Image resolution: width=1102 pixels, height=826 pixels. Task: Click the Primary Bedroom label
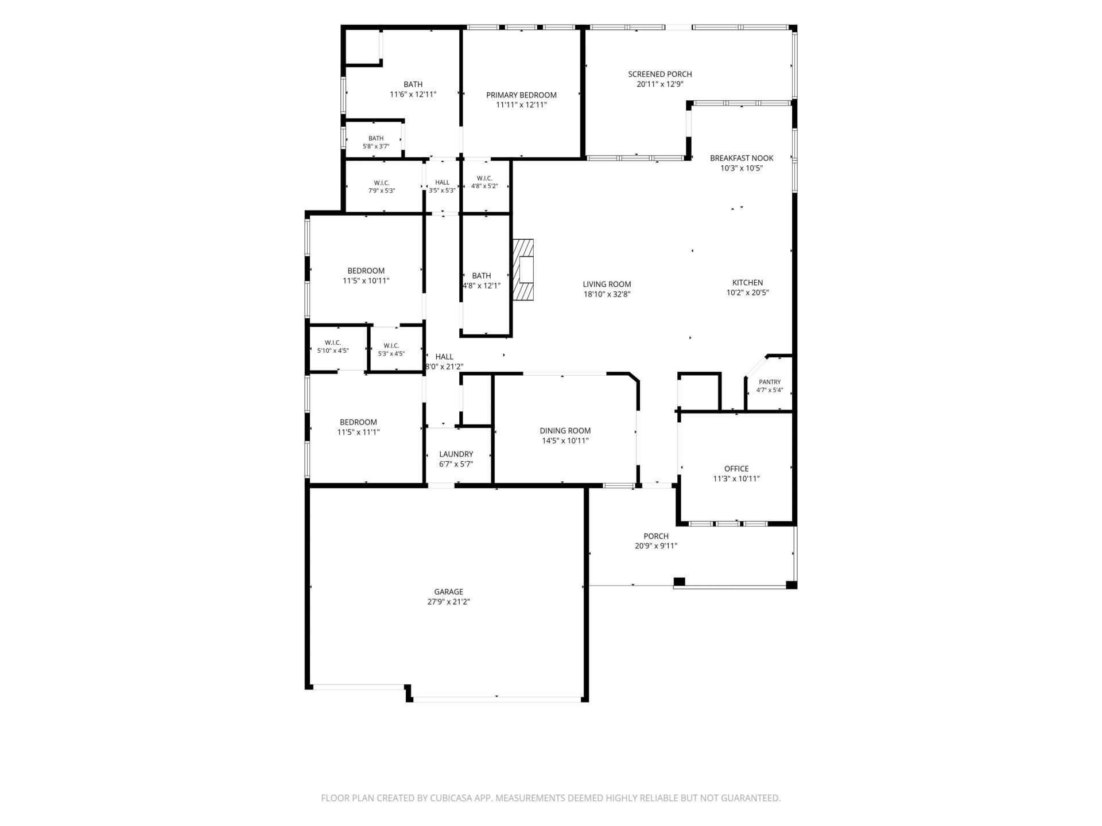521,95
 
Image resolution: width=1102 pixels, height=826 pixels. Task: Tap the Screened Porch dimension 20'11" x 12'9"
659,84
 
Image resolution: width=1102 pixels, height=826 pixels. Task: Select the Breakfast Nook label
742,158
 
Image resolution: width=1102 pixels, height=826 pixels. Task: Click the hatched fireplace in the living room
523,269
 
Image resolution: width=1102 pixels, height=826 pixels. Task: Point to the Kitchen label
747,283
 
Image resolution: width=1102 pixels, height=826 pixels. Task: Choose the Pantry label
770,382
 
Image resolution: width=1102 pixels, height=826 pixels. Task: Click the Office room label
736,469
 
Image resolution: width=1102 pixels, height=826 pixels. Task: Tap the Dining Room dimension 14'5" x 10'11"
565,441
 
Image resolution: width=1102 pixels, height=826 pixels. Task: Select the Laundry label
456,454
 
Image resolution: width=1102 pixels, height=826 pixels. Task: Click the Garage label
449,592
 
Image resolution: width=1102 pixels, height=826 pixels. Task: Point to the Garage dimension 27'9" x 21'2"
449,602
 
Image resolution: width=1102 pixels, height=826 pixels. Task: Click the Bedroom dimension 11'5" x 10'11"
366,281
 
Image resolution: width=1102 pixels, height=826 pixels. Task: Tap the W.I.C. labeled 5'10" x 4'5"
333,346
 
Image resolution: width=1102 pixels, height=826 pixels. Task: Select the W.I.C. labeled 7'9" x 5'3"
382,187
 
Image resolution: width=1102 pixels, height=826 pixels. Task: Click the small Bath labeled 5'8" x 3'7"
376,142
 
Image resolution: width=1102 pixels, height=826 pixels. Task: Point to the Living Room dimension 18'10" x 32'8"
607,295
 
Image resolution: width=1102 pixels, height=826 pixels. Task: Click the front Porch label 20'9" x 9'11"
656,541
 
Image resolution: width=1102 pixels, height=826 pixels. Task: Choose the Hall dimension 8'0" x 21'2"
444,367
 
